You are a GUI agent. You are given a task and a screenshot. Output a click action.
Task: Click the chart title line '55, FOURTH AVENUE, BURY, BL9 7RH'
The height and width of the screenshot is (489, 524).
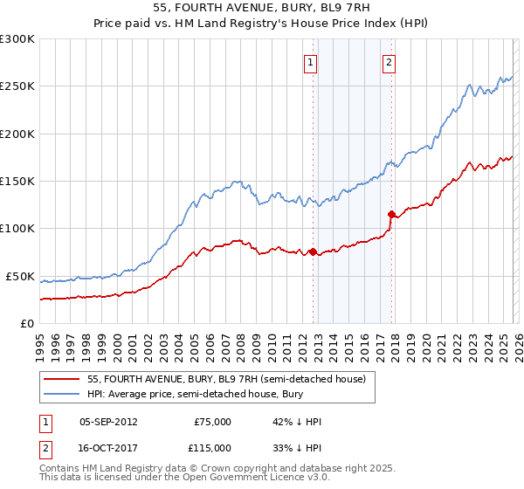[261, 9]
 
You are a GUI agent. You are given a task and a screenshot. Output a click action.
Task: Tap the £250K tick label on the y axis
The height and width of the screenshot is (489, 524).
[17, 86]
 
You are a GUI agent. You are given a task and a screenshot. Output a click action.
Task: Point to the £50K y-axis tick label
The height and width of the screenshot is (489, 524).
[21, 276]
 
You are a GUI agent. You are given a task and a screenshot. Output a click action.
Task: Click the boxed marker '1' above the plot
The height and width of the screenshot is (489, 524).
[311, 62]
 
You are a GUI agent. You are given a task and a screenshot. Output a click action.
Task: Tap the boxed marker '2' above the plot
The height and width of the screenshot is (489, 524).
[389, 62]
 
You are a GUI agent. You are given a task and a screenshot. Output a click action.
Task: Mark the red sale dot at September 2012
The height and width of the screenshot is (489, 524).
[313, 252]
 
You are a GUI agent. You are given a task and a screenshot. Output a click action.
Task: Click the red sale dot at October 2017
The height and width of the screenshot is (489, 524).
[391, 214]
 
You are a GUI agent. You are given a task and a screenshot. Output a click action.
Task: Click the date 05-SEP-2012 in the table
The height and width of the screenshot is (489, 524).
[108, 422]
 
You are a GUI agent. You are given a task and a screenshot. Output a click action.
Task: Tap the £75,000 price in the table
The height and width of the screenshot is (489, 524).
[212, 422]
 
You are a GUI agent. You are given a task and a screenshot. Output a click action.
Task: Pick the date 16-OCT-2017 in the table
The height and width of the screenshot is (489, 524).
[108, 447]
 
